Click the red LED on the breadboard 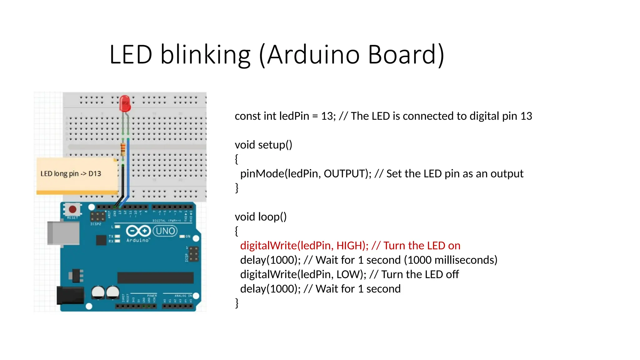[x=125, y=103]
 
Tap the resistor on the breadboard [x=123, y=149]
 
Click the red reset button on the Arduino [x=72, y=209]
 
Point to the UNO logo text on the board [x=165, y=231]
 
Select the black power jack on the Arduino [x=70, y=295]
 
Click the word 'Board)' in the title [x=406, y=55]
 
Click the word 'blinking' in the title [x=205, y=55]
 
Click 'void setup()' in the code [x=263, y=145]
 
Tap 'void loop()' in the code [x=261, y=217]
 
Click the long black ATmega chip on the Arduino [x=155, y=277]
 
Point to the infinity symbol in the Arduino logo [x=138, y=231]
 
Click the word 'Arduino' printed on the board [x=138, y=240]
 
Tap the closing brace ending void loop [x=237, y=303]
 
